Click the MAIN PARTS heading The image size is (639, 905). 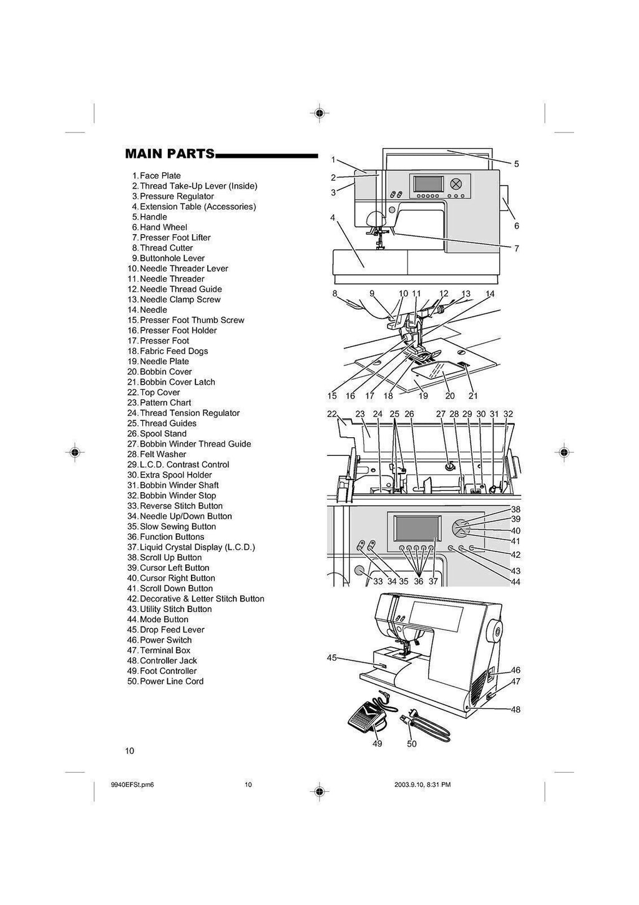170,154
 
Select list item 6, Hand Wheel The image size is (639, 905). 163,227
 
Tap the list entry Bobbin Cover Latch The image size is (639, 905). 177,382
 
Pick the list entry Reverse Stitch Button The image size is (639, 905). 180,506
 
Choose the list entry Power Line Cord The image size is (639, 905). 171,681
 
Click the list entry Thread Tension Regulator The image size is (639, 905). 189,413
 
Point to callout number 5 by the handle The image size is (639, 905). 517,164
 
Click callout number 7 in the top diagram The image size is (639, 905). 517,249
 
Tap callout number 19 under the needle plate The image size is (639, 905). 423,396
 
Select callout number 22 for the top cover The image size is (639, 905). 332,413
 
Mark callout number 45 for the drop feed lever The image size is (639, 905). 332,658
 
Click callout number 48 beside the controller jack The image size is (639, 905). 515,710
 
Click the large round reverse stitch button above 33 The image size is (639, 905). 359,570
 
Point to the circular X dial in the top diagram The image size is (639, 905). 456,184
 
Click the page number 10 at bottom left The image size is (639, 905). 130,751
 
